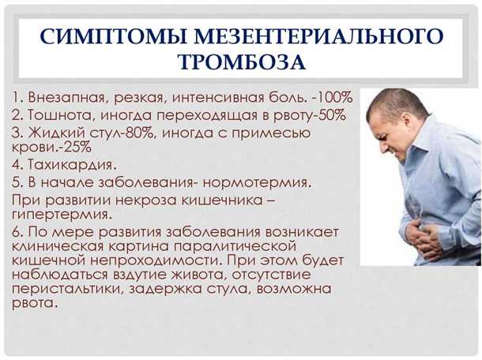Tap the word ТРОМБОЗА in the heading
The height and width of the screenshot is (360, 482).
tap(242, 62)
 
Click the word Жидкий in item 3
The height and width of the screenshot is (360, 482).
tap(55, 133)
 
